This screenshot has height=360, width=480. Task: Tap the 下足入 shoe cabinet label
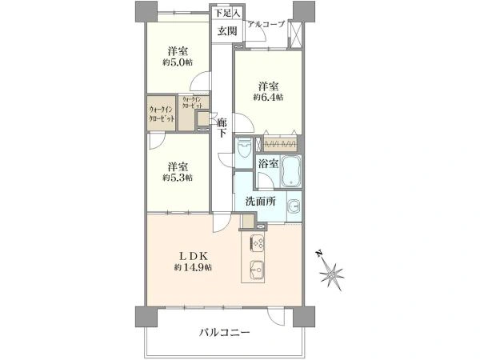point(223,14)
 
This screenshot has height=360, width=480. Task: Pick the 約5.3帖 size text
point(178,177)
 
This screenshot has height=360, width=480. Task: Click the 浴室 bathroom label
point(268,163)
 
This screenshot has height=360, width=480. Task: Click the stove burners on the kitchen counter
point(259,242)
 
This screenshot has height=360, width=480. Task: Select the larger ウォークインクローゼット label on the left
point(161,114)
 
